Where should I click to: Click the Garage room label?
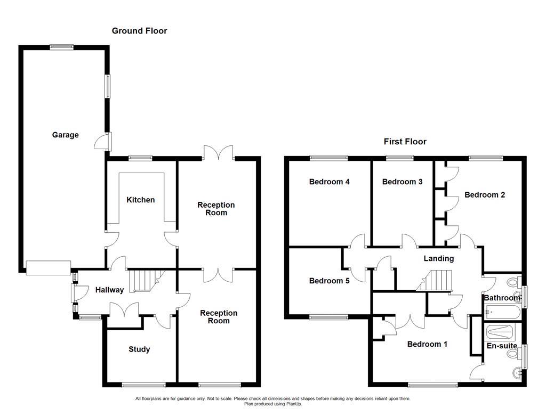click(x=65, y=135)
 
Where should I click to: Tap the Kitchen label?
click(x=140, y=200)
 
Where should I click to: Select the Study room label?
click(x=139, y=349)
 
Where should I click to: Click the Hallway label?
click(x=109, y=290)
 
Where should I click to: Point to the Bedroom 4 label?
click(x=329, y=182)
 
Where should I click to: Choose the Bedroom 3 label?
click(x=402, y=182)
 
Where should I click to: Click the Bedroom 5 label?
click(x=329, y=281)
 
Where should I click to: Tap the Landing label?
click(x=438, y=258)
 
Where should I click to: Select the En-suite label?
click(x=502, y=346)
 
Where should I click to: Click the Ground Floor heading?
click(x=139, y=31)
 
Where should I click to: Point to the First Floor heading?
click(x=405, y=142)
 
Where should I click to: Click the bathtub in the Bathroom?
click(x=502, y=312)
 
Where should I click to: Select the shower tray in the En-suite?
click(x=500, y=332)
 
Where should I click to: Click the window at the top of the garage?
click(x=62, y=47)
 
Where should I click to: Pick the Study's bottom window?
click(x=143, y=385)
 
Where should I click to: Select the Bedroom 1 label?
click(x=427, y=344)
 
